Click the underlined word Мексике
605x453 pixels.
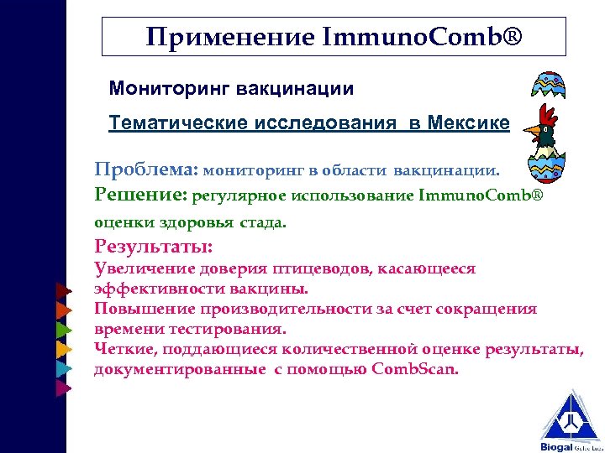(x=468, y=123)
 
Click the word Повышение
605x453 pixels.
(x=143, y=310)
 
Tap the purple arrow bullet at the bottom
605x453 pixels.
(x=61, y=388)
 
